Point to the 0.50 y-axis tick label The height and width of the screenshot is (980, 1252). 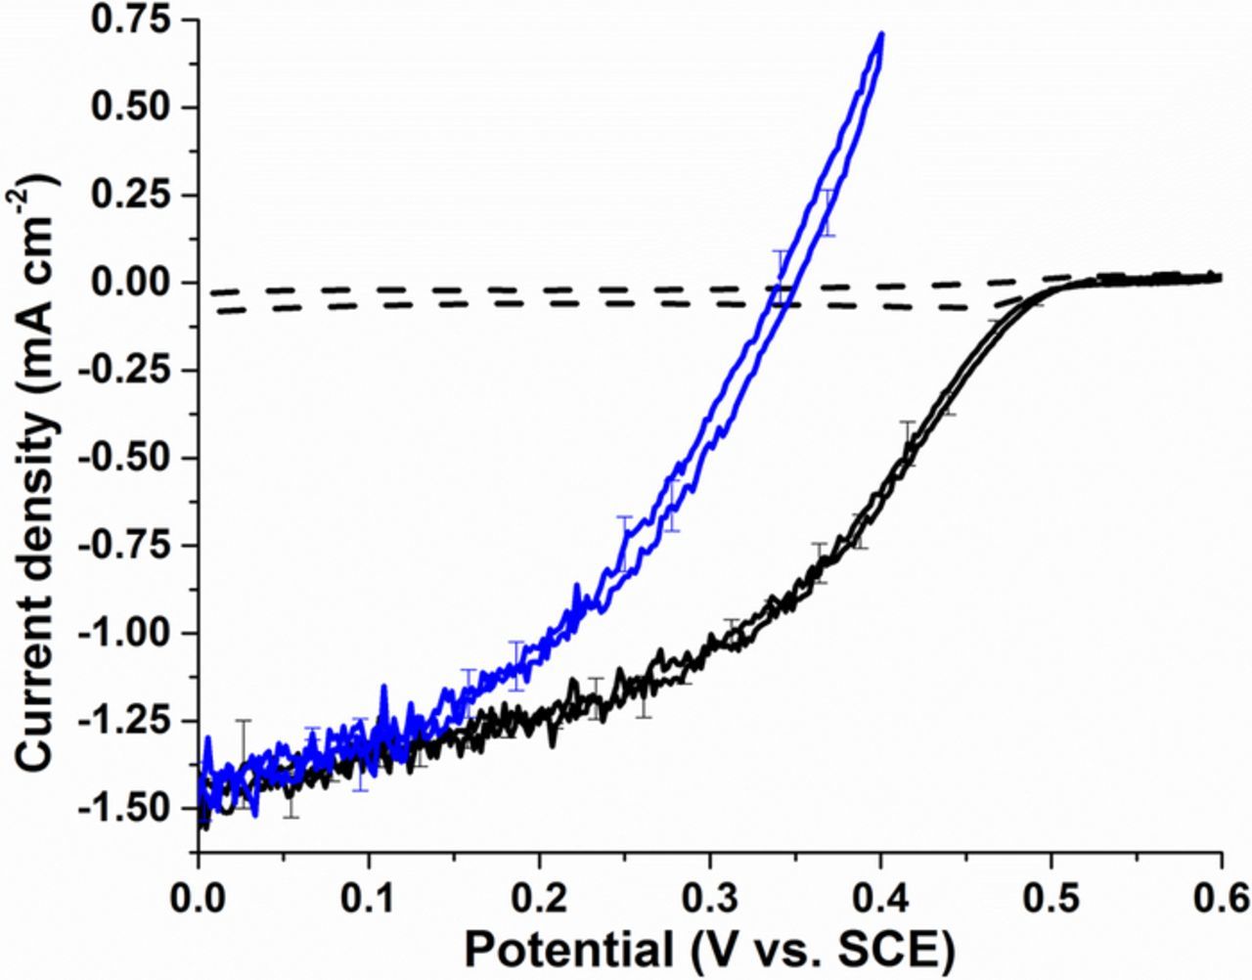point(130,108)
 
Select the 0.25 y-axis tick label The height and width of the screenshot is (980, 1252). point(130,196)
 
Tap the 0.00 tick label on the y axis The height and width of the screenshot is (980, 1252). point(130,283)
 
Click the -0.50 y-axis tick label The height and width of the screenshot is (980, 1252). point(125,458)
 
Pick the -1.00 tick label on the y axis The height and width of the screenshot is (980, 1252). point(125,633)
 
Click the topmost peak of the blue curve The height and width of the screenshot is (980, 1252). point(881,34)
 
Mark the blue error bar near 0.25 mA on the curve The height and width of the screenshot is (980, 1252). point(828,212)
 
